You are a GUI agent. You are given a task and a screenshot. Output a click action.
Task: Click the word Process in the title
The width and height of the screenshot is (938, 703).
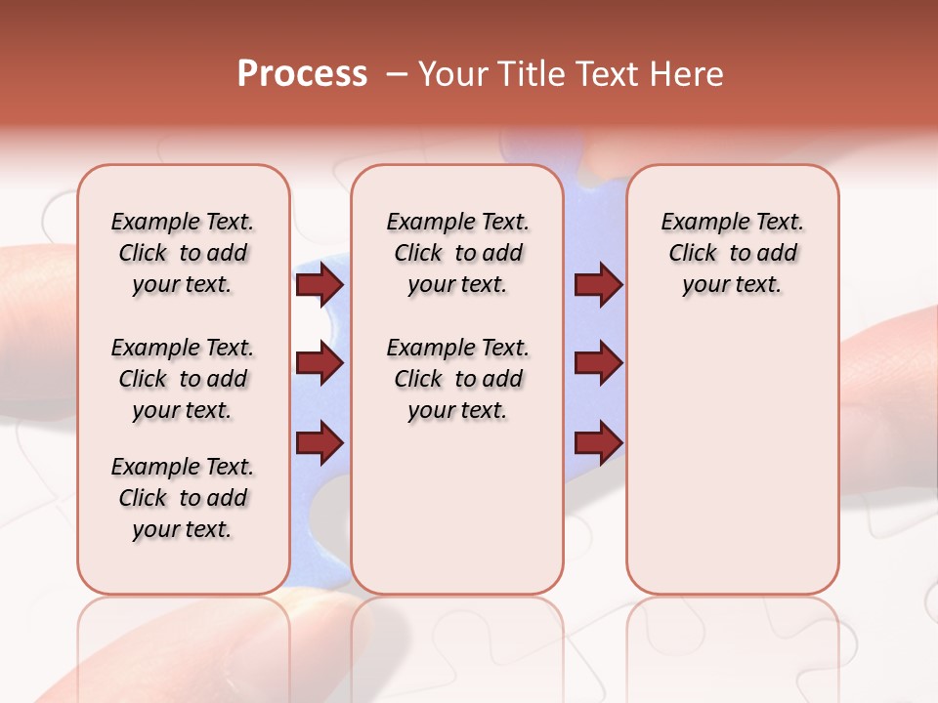pyautogui.click(x=302, y=73)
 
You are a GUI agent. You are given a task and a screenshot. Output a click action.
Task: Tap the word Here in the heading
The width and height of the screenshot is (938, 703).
pyautogui.click(x=687, y=73)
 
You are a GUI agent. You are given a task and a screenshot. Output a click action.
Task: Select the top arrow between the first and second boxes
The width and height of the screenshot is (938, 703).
pyautogui.click(x=320, y=284)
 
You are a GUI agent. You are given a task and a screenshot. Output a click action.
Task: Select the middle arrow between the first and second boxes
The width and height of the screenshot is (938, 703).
pyautogui.click(x=320, y=363)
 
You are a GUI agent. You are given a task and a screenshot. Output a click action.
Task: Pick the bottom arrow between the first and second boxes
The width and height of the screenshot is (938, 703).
pyautogui.click(x=320, y=442)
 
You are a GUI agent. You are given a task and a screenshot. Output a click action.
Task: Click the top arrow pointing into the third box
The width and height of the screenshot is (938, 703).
pyautogui.click(x=598, y=284)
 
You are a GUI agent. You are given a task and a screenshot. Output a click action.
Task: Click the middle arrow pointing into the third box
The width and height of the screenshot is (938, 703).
pyautogui.click(x=598, y=363)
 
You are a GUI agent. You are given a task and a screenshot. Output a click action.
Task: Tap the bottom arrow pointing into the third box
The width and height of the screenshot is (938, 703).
pyautogui.click(x=598, y=442)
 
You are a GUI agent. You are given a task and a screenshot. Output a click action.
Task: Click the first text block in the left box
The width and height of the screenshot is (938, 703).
pyautogui.click(x=183, y=253)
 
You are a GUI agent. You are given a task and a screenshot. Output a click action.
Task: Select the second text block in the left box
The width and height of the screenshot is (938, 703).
pyautogui.click(x=183, y=379)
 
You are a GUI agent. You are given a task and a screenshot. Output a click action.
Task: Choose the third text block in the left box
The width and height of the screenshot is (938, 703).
pyautogui.click(x=183, y=498)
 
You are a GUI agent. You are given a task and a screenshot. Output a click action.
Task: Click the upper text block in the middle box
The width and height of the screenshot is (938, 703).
pyautogui.click(x=458, y=253)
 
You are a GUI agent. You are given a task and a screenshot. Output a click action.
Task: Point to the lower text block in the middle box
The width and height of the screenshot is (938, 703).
pyautogui.click(x=458, y=379)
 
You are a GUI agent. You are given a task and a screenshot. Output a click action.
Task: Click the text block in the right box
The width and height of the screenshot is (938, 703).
pyautogui.click(x=733, y=253)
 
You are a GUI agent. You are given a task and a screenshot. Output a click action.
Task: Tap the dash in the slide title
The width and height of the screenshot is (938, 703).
pyautogui.click(x=397, y=74)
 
